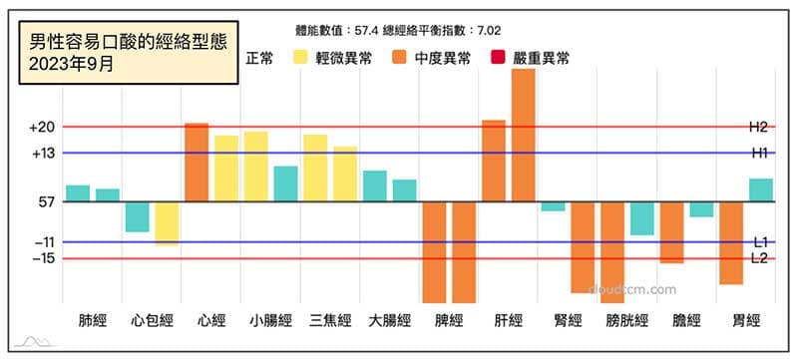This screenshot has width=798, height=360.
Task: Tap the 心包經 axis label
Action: [152, 321]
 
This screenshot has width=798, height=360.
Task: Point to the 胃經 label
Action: [746, 321]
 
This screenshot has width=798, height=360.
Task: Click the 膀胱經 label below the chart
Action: [627, 321]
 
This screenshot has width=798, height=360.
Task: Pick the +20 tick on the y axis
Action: [42, 128]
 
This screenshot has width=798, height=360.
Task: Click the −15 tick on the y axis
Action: [42, 258]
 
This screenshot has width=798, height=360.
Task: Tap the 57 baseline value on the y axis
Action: [46, 202]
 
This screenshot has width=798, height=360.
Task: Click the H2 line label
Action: [758, 128]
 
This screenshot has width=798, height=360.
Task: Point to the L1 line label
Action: [759, 242]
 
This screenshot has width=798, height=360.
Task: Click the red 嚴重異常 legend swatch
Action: [495, 59]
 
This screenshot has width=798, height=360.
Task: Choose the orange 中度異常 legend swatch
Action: [402, 59]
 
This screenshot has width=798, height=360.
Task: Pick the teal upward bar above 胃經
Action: [761, 190]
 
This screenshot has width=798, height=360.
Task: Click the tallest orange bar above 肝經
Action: [524, 135]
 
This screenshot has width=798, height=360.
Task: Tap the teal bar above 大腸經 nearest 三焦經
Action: [374, 186]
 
